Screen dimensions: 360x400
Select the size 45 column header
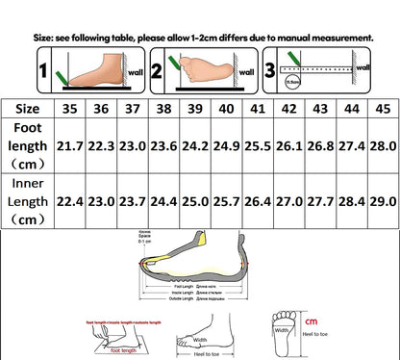pyautogui.click(x=381, y=109)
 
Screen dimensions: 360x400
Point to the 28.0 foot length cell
pyautogui.click(x=381, y=146)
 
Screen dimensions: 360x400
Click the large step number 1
pyautogui.click(x=14, y=71)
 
